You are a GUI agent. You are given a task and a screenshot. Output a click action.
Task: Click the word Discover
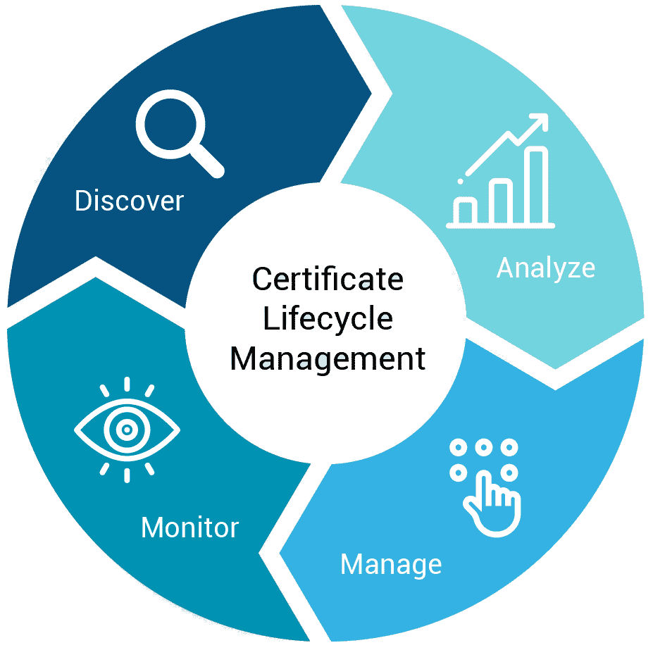pos(129,201)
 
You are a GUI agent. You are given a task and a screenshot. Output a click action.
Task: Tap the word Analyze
pos(546,268)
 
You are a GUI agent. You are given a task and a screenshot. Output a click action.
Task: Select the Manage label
pos(391,565)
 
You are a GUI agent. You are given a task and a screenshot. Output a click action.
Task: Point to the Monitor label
pos(190,527)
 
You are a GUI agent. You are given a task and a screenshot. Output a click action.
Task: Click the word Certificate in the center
pos(328,279)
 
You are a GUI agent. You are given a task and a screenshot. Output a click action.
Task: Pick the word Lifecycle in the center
pos(328,319)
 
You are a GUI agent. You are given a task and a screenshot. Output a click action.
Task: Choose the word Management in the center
pos(328,359)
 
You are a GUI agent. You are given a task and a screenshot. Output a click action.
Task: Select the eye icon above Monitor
pos(127,430)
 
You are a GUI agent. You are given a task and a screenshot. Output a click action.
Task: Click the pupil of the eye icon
pos(127,430)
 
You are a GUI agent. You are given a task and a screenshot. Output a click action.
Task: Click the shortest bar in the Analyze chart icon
pos(465,211)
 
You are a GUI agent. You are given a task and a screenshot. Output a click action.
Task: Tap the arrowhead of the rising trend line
pos(540,121)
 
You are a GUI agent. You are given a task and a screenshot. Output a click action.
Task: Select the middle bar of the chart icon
pos(501,201)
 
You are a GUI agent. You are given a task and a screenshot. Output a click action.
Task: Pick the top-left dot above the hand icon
pos(459,448)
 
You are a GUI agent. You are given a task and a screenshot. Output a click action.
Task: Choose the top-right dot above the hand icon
pos(509,448)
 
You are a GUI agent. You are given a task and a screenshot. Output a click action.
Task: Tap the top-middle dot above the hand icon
pos(484,448)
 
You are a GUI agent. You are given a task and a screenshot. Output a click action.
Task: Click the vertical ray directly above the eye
pos(127,384)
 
